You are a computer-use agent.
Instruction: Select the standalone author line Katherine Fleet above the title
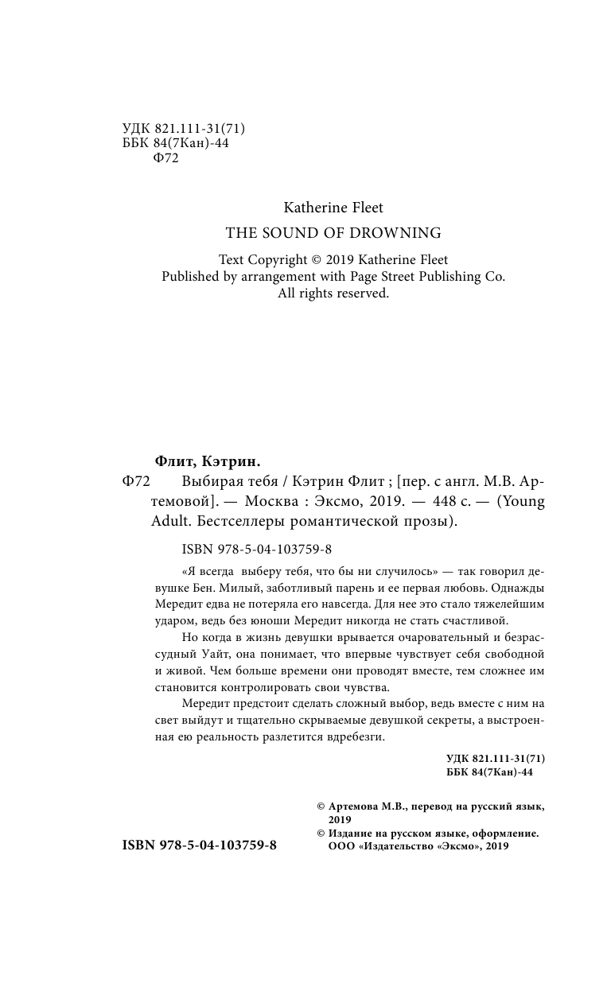click(x=333, y=208)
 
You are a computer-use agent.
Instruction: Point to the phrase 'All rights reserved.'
click(x=333, y=293)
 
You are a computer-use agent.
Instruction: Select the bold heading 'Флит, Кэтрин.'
click(x=207, y=462)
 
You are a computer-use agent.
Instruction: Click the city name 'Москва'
click(x=271, y=503)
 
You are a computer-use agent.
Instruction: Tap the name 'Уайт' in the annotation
click(x=238, y=654)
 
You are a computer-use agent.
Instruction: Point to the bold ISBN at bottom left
click(x=199, y=846)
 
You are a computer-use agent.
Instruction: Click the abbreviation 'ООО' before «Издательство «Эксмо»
click(x=341, y=847)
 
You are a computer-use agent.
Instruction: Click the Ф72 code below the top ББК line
click(x=165, y=157)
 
